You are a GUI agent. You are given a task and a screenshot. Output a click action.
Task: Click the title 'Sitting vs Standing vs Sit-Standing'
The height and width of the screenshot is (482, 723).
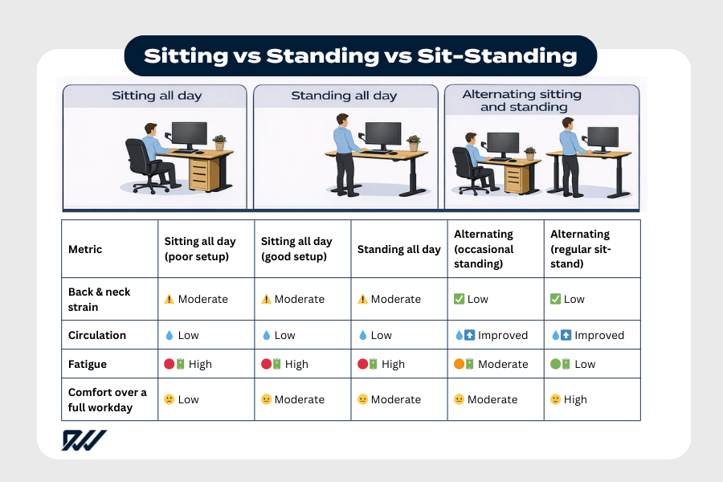(x=361, y=55)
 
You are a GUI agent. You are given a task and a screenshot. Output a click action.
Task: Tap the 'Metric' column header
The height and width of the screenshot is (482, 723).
(x=85, y=249)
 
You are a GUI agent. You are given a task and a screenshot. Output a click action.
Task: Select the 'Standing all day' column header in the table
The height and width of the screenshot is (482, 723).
(x=398, y=249)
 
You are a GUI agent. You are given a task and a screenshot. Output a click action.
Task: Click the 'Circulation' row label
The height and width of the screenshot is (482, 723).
(x=97, y=335)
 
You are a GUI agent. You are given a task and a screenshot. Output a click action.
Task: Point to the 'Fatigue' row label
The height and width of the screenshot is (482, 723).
(x=88, y=364)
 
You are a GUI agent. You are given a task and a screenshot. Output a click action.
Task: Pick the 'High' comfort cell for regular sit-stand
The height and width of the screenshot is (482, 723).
(x=575, y=399)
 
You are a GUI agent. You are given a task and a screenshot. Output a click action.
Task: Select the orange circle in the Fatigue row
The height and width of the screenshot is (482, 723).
(x=460, y=364)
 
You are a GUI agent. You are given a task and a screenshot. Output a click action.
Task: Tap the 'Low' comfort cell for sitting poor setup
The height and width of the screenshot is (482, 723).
(x=188, y=399)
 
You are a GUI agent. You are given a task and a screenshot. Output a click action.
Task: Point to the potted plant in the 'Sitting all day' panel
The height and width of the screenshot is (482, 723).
(x=219, y=142)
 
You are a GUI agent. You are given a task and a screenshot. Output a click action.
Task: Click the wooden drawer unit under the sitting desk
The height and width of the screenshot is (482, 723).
(x=204, y=172)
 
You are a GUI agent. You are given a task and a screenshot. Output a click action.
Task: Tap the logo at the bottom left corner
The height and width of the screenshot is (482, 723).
(x=84, y=440)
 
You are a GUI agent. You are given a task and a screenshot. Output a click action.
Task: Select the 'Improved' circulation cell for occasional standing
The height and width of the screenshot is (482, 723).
(x=503, y=335)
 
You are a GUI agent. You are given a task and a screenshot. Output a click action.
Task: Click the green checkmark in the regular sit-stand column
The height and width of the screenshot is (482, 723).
(x=555, y=299)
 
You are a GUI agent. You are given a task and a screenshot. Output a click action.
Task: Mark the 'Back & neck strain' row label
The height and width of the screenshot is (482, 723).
(x=99, y=299)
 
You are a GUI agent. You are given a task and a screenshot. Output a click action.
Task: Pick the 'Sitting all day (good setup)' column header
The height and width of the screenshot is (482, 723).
(x=296, y=249)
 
